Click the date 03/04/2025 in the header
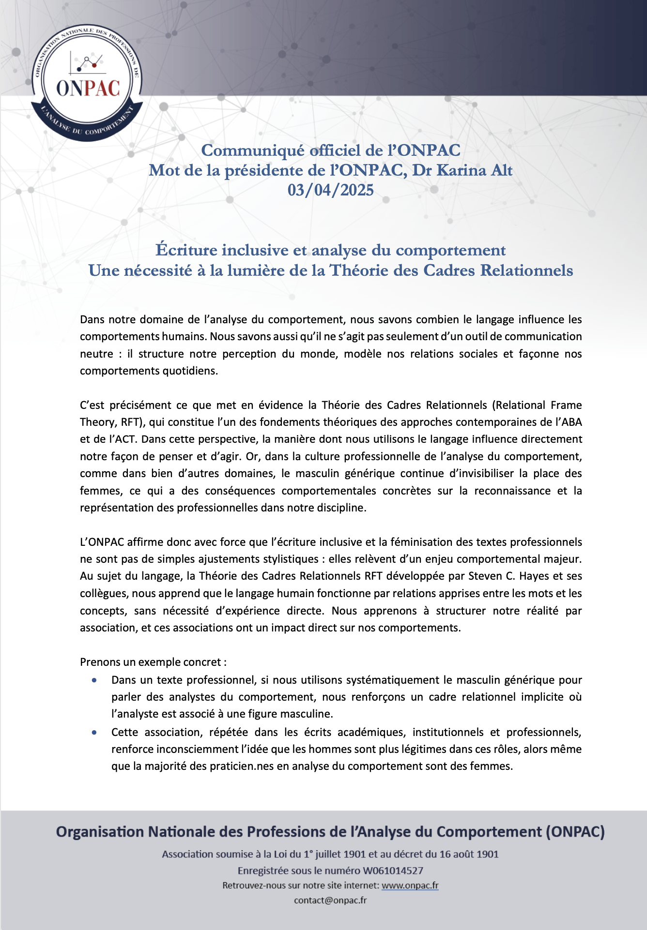pos(330,190)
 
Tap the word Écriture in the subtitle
pos(186,250)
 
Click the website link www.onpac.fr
pos(410,885)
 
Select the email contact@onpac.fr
pos(330,900)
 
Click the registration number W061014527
pos(393,870)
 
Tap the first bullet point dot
pos(94,680)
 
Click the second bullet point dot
pos(94,733)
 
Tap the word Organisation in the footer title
pos(100,832)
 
